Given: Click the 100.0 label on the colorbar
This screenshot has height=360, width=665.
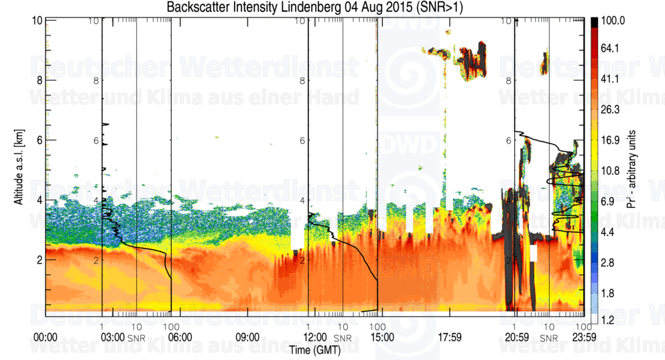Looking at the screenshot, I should point(613,21).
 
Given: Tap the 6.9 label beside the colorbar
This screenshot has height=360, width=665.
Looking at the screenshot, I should point(607,201).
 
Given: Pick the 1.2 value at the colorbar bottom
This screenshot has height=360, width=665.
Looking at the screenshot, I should point(607,321).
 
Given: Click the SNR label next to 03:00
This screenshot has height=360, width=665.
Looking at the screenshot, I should point(136,337).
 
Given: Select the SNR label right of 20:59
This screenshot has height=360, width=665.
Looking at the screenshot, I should point(549,337).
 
